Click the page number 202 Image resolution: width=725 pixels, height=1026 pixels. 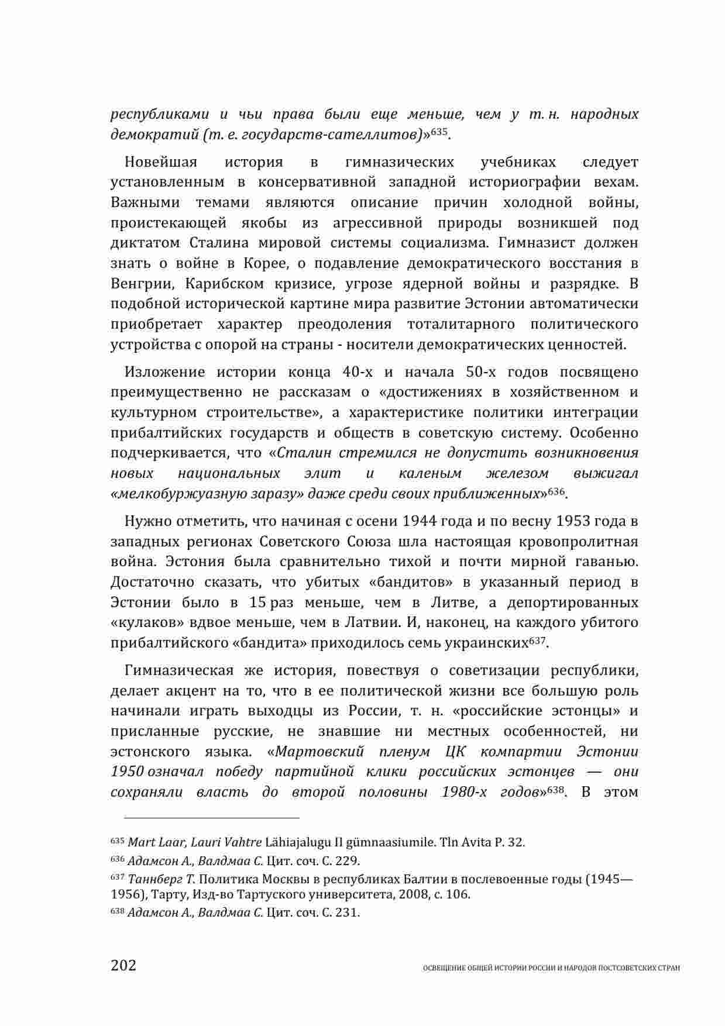coord(123,965)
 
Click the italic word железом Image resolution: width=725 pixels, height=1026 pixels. coord(517,473)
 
